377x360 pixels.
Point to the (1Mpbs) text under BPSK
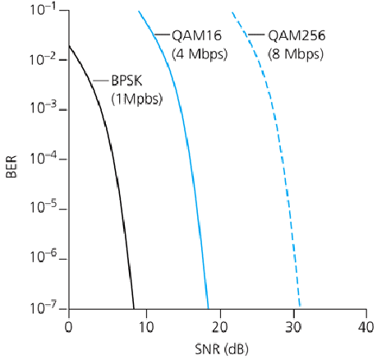137,99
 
